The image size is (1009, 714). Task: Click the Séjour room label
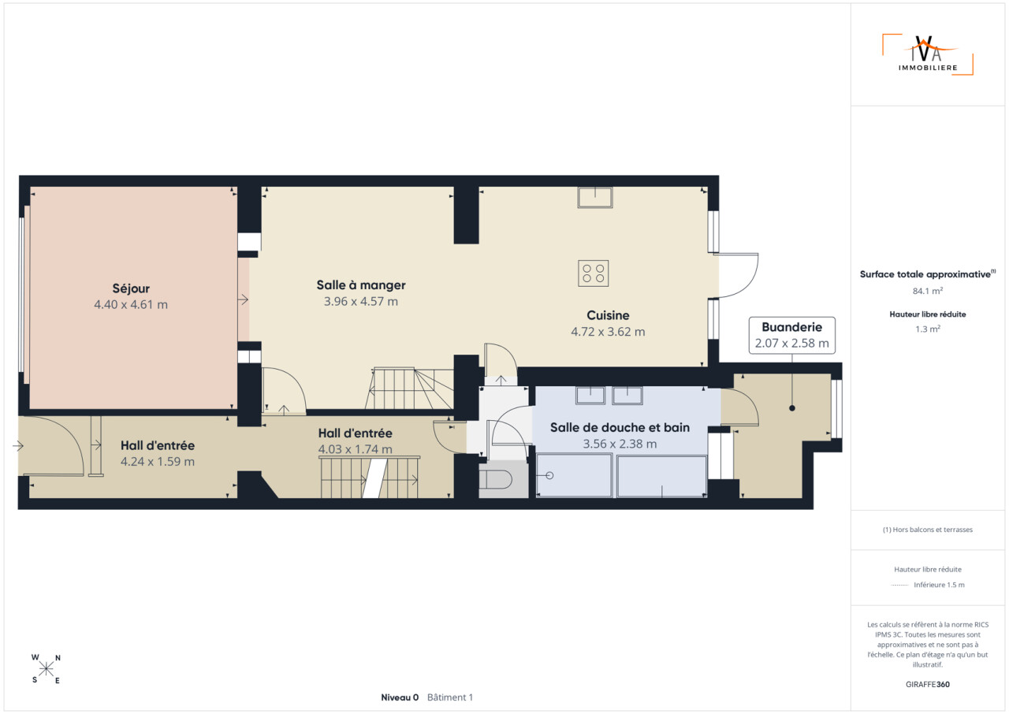[x=131, y=288]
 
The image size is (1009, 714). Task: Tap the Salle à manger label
[x=361, y=285]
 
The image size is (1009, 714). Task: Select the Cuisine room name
[x=608, y=315]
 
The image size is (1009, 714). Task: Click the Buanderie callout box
[x=792, y=336]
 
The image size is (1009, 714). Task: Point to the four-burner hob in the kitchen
[x=594, y=273]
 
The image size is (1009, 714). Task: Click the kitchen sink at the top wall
[x=595, y=197]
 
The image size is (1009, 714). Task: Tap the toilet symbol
[x=495, y=480]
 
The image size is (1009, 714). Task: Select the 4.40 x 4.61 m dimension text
[x=131, y=305]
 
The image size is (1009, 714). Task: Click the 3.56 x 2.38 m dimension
[x=620, y=444]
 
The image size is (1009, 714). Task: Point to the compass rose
[x=46, y=669]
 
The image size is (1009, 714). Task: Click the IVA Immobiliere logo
[x=928, y=54]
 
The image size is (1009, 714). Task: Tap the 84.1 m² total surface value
[x=928, y=291]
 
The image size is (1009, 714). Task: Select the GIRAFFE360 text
[x=928, y=684]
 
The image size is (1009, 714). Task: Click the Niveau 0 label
[x=400, y=697]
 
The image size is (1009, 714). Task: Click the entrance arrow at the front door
[x=18, y=446]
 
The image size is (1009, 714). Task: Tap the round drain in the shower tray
[x=549, y=475]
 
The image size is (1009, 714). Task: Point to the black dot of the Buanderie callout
[x=792, y=408]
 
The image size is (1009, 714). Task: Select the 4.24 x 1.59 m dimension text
[x=158, y=462]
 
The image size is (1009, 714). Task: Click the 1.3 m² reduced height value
[x=928, y=329]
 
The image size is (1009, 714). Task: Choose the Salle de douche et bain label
[x=620, y=428]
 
